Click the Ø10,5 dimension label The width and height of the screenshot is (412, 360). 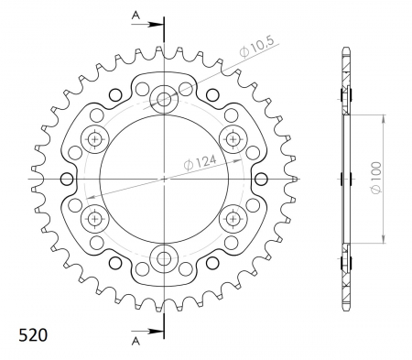pos(257,48)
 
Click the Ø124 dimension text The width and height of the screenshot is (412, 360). pos(200,162)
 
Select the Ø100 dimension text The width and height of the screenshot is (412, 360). pos(376,178)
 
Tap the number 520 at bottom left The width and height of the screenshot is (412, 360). pos(33,335)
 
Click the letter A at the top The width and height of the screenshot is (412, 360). pos(136,16)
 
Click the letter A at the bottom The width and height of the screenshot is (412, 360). pos(136,341)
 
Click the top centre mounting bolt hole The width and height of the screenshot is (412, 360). pos(164,99)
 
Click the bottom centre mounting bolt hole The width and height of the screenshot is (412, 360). pos(164,259)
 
